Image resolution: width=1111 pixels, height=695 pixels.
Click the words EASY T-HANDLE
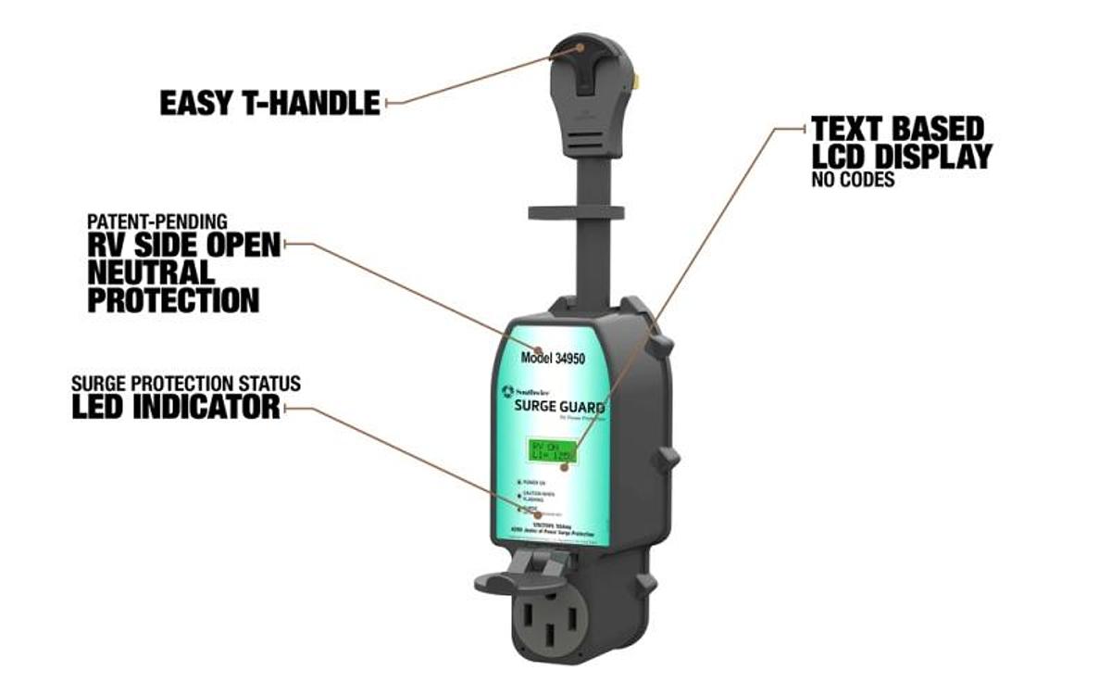pos(269,102)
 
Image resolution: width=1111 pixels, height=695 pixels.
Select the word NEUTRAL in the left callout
pos(151,272)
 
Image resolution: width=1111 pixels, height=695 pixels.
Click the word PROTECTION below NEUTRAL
pos(173,299)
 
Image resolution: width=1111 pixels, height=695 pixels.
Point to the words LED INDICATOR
pos(175,406)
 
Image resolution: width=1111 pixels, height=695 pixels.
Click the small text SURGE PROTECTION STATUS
pos(186,384)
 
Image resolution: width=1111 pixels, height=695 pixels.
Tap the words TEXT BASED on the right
pos(897,128)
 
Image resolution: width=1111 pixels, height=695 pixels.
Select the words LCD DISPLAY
pos(902,156)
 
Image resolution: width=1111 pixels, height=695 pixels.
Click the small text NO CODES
pos(853,180)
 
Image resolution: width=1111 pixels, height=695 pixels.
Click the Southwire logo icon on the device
pos(507,392)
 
